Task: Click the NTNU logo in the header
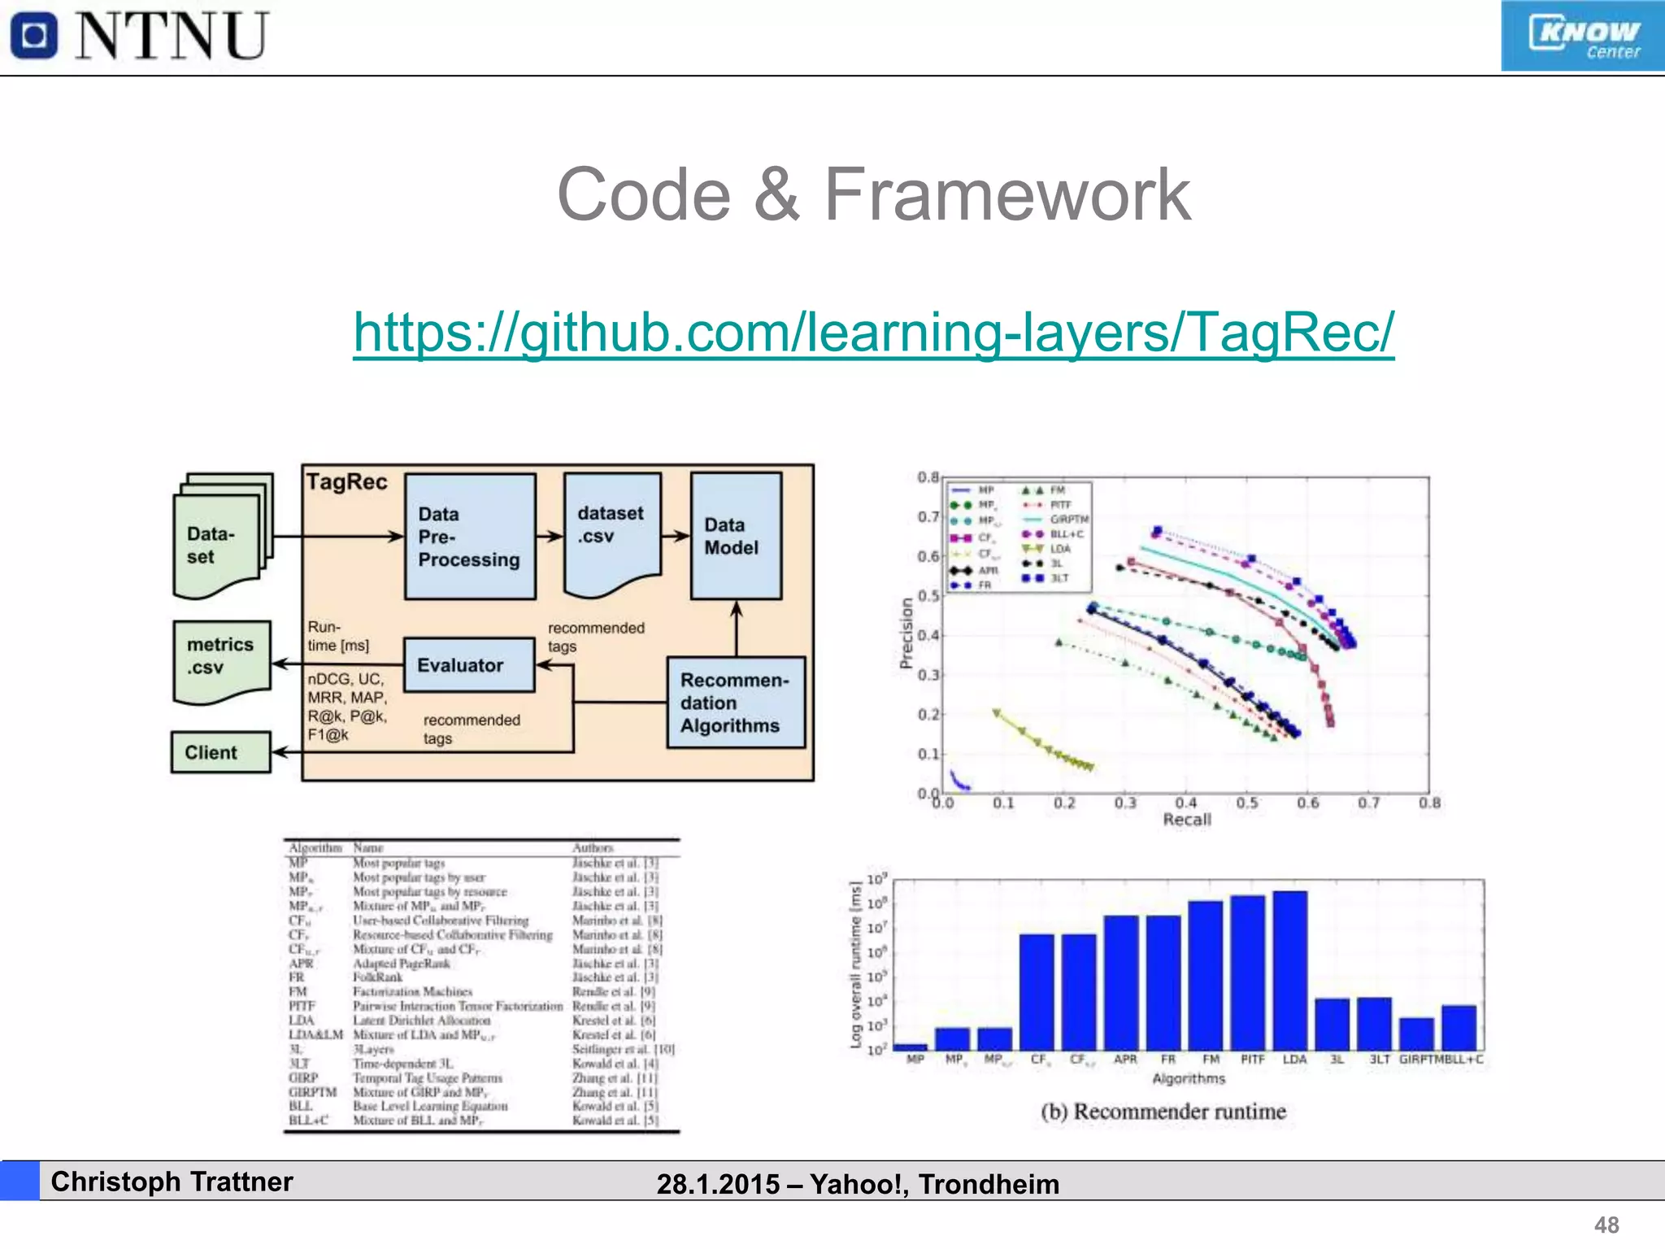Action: pyautogui.click(x=138, y=36)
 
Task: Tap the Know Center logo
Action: pyautogui.click(x=1582, y=37)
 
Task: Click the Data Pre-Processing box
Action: pyautogui.click(x=470, y=537)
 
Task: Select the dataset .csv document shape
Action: pyautogui.click(x=611, y=529)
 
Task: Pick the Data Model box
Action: pyautogui.click(x=736, y=536)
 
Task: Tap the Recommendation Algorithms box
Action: pyautogui.click(x=736, y=703)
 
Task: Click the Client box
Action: pyautogui.click(x=220, y=752)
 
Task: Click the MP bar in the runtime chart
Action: pyautogui.click(x=910, y=1047)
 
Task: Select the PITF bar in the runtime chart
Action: pyautogui.click(x=1248, y=973)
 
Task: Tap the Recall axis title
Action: pyautogui.click(x=1186, y=820)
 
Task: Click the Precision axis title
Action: pyautogui.click(x=906, y=633)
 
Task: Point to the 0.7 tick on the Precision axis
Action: pyautogui.click(x=928, y=516)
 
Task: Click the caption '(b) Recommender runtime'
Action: pyautogui.click(x=1163, y=1112)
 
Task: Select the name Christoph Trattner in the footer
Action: pyautogui.click(x=172, y=1182)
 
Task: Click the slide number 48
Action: pyautogui.click(x=1606, y=1225)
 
